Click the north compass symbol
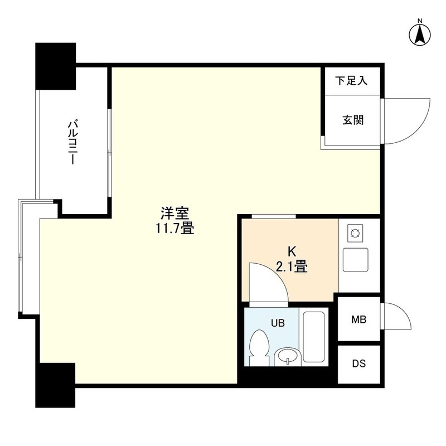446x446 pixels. click(420, 34)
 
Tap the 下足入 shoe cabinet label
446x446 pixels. click(351, 81)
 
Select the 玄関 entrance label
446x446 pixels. click(353, 120)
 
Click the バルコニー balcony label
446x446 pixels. click(71, 143)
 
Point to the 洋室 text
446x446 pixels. click(174, 214)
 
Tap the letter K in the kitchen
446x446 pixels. click(292, 252)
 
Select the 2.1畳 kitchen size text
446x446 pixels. click(292, 267)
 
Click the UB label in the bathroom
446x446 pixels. click(278, 323)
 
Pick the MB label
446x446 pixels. click(358, 319)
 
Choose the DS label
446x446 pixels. click(358, 363)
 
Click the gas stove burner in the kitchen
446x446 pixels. click(355, 234)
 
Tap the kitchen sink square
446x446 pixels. click(355, 260)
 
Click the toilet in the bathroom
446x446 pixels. click(258, 347)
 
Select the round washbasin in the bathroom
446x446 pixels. click(287, 357)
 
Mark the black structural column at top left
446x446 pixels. click(55, 66)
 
